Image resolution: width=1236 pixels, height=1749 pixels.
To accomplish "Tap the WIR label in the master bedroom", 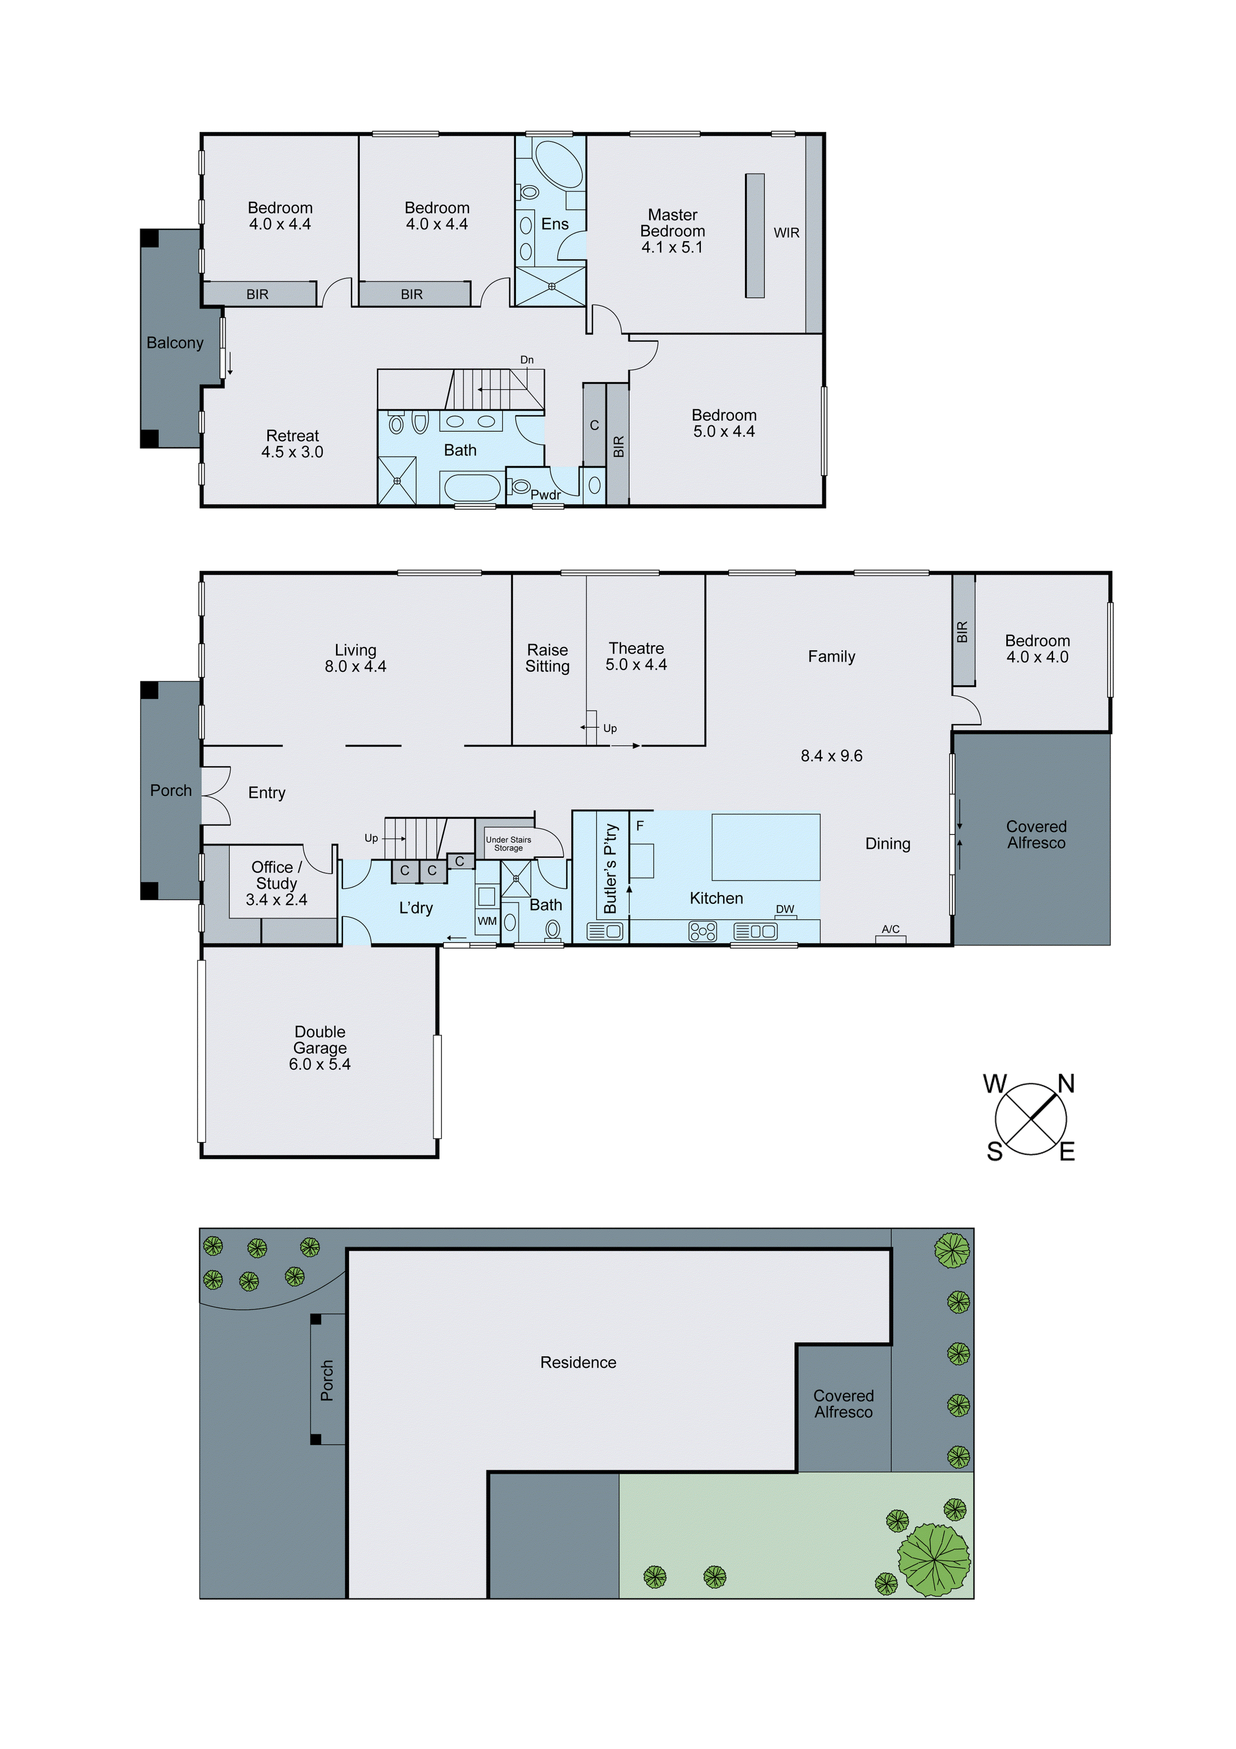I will coord(786,233).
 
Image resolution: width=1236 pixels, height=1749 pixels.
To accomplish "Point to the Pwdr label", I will coord(545,495).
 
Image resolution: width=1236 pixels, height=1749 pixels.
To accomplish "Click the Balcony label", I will coord(174,343).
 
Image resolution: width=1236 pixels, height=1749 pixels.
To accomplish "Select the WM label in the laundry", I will coord(487,921).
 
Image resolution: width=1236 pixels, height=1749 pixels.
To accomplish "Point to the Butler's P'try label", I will coord(610,869).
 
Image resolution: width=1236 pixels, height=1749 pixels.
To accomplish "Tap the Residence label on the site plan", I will coord(578,1363).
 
